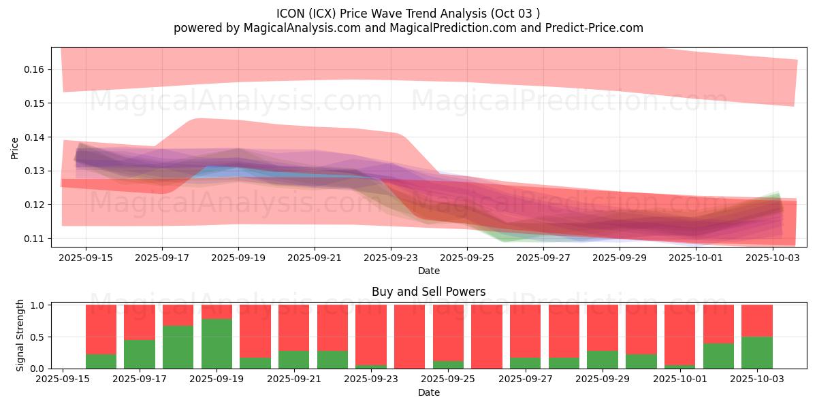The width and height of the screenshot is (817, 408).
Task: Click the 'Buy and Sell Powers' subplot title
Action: (x=429, y=292)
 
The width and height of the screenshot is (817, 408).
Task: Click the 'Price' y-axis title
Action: (x=14, y=148)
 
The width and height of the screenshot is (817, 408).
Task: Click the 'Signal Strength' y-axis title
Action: (x=20, y=335)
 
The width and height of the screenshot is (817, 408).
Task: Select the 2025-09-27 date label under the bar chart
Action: (x=525, y=379)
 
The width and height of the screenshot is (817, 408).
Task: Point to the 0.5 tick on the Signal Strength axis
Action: (x=37, y=337)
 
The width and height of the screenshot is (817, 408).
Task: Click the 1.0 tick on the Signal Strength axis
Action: (x=37, y=305)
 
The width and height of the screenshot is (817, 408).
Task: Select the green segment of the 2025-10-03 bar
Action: (x=756, y=353)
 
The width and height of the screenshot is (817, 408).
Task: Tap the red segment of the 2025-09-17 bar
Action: (x=140, y=322)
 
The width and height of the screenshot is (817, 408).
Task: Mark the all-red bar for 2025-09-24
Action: (x=409, y=337)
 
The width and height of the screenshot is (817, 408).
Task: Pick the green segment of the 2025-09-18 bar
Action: (x=178, y=347)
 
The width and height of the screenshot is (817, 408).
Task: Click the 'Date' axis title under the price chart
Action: (x=429, y=271)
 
